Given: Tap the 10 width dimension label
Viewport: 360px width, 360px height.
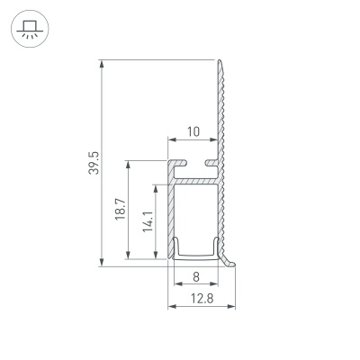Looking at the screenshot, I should [x=193, y=131].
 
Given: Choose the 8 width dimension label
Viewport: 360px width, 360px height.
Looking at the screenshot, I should [x=194, y=277].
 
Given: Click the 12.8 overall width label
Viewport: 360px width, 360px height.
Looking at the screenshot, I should [x=200, y=299].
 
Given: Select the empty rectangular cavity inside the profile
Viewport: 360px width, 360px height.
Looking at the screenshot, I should [x=194, y=211].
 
